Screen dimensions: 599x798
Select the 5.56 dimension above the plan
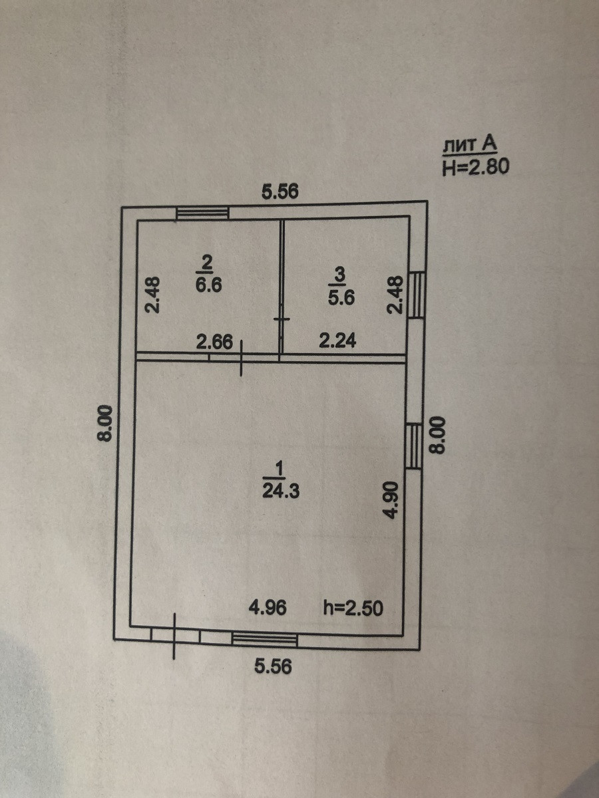pyautogui.click(x=280, y=192)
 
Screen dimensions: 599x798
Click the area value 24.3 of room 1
pyautogui.click(x=280, y=493)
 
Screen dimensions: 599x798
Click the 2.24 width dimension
pyautogui.click(x=337, y=342)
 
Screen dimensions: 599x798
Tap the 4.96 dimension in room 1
pyautogui.click(x=268, y=607)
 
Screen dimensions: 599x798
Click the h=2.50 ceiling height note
pyautogui.click(x=353, y=607)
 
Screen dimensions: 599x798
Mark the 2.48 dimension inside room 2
pyautogui.click(x=153, y=296)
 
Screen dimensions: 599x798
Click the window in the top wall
pyautogui.click(x=203, y=213)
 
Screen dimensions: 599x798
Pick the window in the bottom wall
pyautogui.click(x=264, y=639)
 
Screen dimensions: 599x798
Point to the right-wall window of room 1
pyautogui.click(x=414, y=445)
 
